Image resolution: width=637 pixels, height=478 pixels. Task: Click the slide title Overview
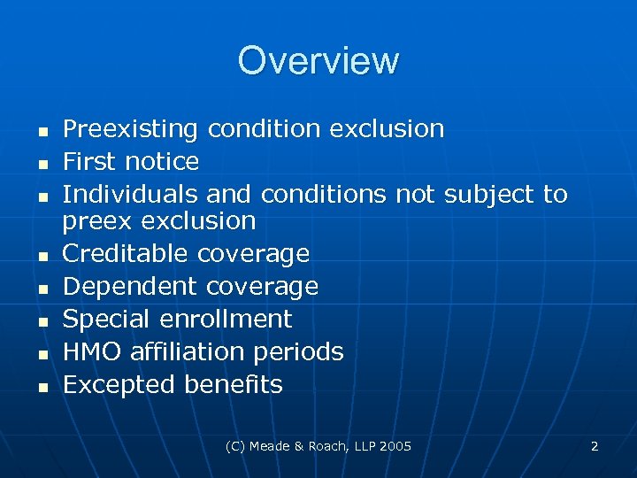(318, 61)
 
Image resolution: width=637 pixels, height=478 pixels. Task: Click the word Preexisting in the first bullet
(130, 129)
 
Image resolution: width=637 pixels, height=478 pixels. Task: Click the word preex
(90, 220)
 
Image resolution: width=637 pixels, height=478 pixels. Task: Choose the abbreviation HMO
(92, 351)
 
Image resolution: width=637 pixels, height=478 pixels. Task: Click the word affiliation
(188, 351)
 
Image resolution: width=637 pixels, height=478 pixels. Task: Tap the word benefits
(234, 385)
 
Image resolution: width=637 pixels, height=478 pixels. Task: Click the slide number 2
(595, 446)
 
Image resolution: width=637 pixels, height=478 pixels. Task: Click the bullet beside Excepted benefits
(42, 387)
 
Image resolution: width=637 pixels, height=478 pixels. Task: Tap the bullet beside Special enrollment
(42, 320)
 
